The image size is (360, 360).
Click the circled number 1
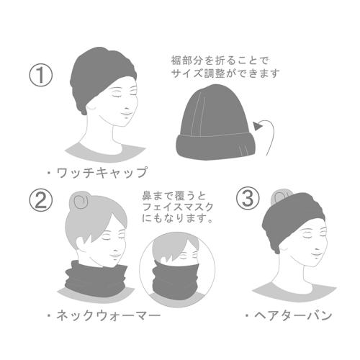40,75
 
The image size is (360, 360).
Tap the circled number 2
40,200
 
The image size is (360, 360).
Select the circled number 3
248,198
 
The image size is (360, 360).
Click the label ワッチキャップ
102,172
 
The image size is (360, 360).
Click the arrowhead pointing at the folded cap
257,125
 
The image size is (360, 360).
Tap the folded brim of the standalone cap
217,145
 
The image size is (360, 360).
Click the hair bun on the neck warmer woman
80,200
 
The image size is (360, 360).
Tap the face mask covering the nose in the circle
176,278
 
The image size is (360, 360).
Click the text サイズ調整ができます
225,73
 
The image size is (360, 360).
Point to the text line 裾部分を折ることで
220,60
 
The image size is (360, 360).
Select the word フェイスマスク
178,207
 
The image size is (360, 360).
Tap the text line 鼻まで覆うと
174,196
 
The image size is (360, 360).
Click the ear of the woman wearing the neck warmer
81,243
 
